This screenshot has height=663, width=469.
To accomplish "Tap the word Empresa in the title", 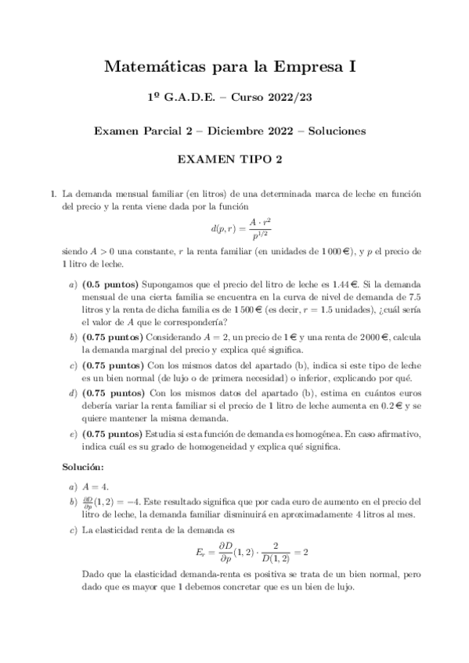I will tap(304, 68).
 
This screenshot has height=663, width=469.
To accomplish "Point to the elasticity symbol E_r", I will tap(200, 551).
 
